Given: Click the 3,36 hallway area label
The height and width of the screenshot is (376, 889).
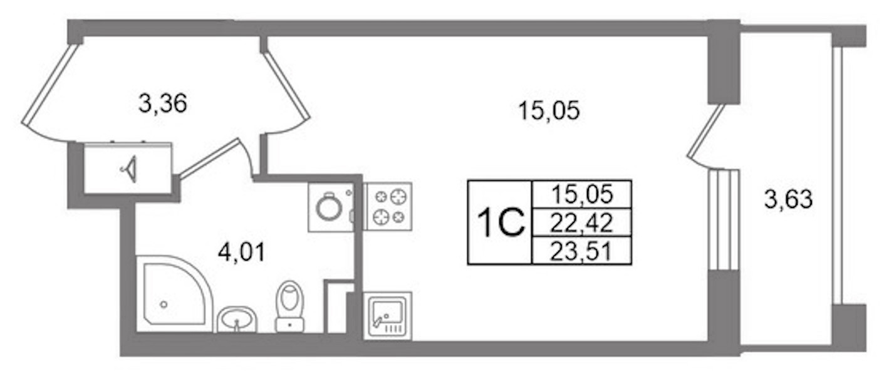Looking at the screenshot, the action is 163,104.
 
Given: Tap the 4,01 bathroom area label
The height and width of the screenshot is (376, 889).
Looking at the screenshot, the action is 242,252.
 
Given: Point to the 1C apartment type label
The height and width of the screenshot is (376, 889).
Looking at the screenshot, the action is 501,222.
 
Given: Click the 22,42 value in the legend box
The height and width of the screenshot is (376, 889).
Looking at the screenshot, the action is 581,222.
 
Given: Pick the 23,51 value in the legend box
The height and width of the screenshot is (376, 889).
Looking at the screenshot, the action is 581,251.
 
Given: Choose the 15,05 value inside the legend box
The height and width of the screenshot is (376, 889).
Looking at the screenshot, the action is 583,194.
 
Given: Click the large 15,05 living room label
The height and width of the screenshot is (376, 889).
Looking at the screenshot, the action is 549,110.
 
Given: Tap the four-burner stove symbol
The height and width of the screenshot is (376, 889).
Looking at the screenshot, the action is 389,206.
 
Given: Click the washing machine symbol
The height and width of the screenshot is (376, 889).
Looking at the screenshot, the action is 331,207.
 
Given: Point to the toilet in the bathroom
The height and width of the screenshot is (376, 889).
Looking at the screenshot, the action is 290,306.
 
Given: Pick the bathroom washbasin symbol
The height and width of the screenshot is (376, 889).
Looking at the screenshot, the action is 237,319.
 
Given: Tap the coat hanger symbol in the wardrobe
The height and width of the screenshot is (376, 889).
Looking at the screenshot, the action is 129,169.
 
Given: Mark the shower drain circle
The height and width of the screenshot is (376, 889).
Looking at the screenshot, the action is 164,305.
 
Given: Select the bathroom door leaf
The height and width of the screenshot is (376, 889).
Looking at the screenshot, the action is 209,159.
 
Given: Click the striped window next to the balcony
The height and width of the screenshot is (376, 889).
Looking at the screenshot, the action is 724,219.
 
